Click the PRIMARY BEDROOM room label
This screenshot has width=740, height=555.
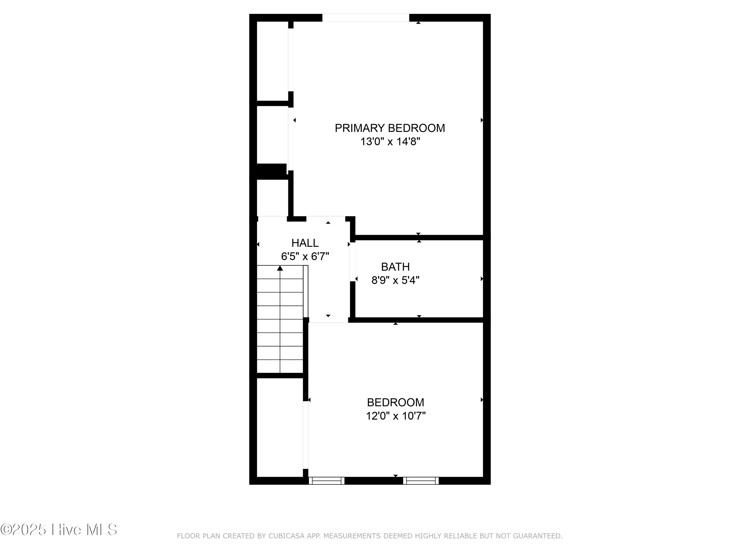pyautogui.click(x=390, y=128)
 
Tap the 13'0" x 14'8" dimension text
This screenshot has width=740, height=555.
pyautogui.click(x=390, y=142)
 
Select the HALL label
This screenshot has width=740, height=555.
pyautogui.click(x=305, y=243)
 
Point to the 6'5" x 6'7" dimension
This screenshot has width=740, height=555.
pyautogui.click(x=305, y=257)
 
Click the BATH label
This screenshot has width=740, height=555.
pyautogui.click(x=395, y=267)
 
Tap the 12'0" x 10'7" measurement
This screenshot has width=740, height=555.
pyautogui.click(x=395, y=416)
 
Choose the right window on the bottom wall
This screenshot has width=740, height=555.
pyautogui.click(x=421, y=481)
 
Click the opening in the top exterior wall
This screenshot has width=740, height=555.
pyautogui.click(x=366, y=18)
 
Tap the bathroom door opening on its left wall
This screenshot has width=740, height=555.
pyautogui.click(x=352, y=261)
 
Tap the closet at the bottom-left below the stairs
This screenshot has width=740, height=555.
pyautogui.click(x=280, y=427)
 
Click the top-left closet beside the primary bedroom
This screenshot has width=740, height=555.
pyautogui.click(x=272, y=61)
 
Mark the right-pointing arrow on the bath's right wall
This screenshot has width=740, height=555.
pyautogui.click(x=482, y=279)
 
